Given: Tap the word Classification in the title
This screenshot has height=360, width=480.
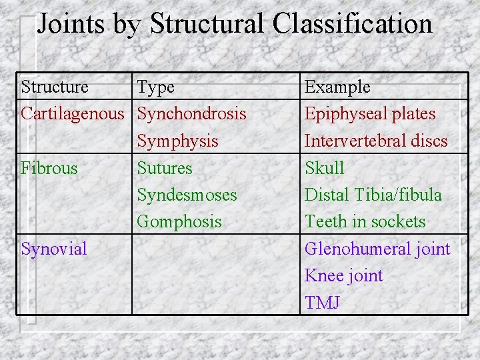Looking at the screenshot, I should [352, 24].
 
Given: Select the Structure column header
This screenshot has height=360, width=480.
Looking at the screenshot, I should [55, 87].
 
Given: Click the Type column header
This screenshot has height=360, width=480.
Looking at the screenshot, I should [155, 87].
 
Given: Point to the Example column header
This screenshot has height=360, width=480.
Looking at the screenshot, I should [337, 87].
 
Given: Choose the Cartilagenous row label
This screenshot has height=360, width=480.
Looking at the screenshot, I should [73, 114].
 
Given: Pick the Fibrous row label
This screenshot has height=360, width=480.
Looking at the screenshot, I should [49, 168].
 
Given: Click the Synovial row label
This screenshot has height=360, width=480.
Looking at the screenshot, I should [54, 249].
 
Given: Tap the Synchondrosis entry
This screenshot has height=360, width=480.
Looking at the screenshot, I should [191, 114].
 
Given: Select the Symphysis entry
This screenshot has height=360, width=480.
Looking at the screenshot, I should [177, 141].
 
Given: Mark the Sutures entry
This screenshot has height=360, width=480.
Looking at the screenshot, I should [164, 168].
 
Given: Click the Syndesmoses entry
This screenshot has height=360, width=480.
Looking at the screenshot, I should [187, 195].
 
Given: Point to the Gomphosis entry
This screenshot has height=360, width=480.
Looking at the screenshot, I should [179, 221].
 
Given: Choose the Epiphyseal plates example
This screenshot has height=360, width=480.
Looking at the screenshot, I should [369, 114].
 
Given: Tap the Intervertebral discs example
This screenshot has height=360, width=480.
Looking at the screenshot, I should [376, 141].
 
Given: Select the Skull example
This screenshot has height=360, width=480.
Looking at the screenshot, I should [324, 168].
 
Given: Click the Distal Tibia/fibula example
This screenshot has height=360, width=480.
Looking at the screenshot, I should [373, 195].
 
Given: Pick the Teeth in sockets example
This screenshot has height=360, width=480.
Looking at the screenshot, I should [365, 221].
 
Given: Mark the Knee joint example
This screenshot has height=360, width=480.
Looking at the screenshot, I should [343, 275].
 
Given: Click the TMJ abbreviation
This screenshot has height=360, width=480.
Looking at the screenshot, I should [322, 302].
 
